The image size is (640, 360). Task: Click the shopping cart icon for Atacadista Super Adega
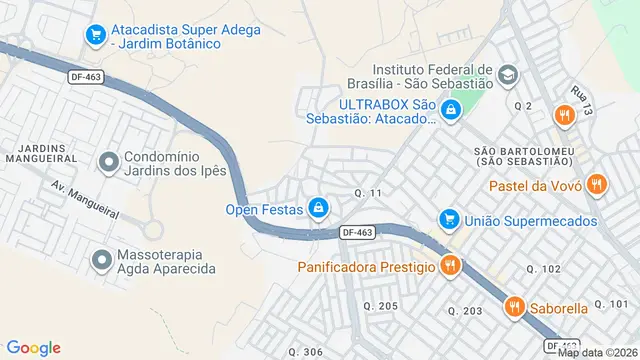point(96,35)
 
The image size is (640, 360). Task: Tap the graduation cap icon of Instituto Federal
point(508,76)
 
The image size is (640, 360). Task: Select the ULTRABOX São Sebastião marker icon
point(451,110)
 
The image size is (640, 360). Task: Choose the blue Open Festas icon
point(318,208)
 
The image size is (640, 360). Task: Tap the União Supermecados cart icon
point(449,219)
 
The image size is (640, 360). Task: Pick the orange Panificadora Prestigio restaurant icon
point(449,266)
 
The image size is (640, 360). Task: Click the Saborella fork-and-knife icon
point(515,307)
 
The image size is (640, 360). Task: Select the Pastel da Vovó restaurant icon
point(597,183)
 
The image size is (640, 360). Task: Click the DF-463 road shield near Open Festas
point(357,232)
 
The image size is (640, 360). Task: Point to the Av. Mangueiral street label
point(85,203)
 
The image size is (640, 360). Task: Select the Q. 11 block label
point(368,192)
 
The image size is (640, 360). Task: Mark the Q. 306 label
point(305,351)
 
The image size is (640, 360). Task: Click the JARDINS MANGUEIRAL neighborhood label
point(41,153)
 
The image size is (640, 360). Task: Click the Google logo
point(33,347)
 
